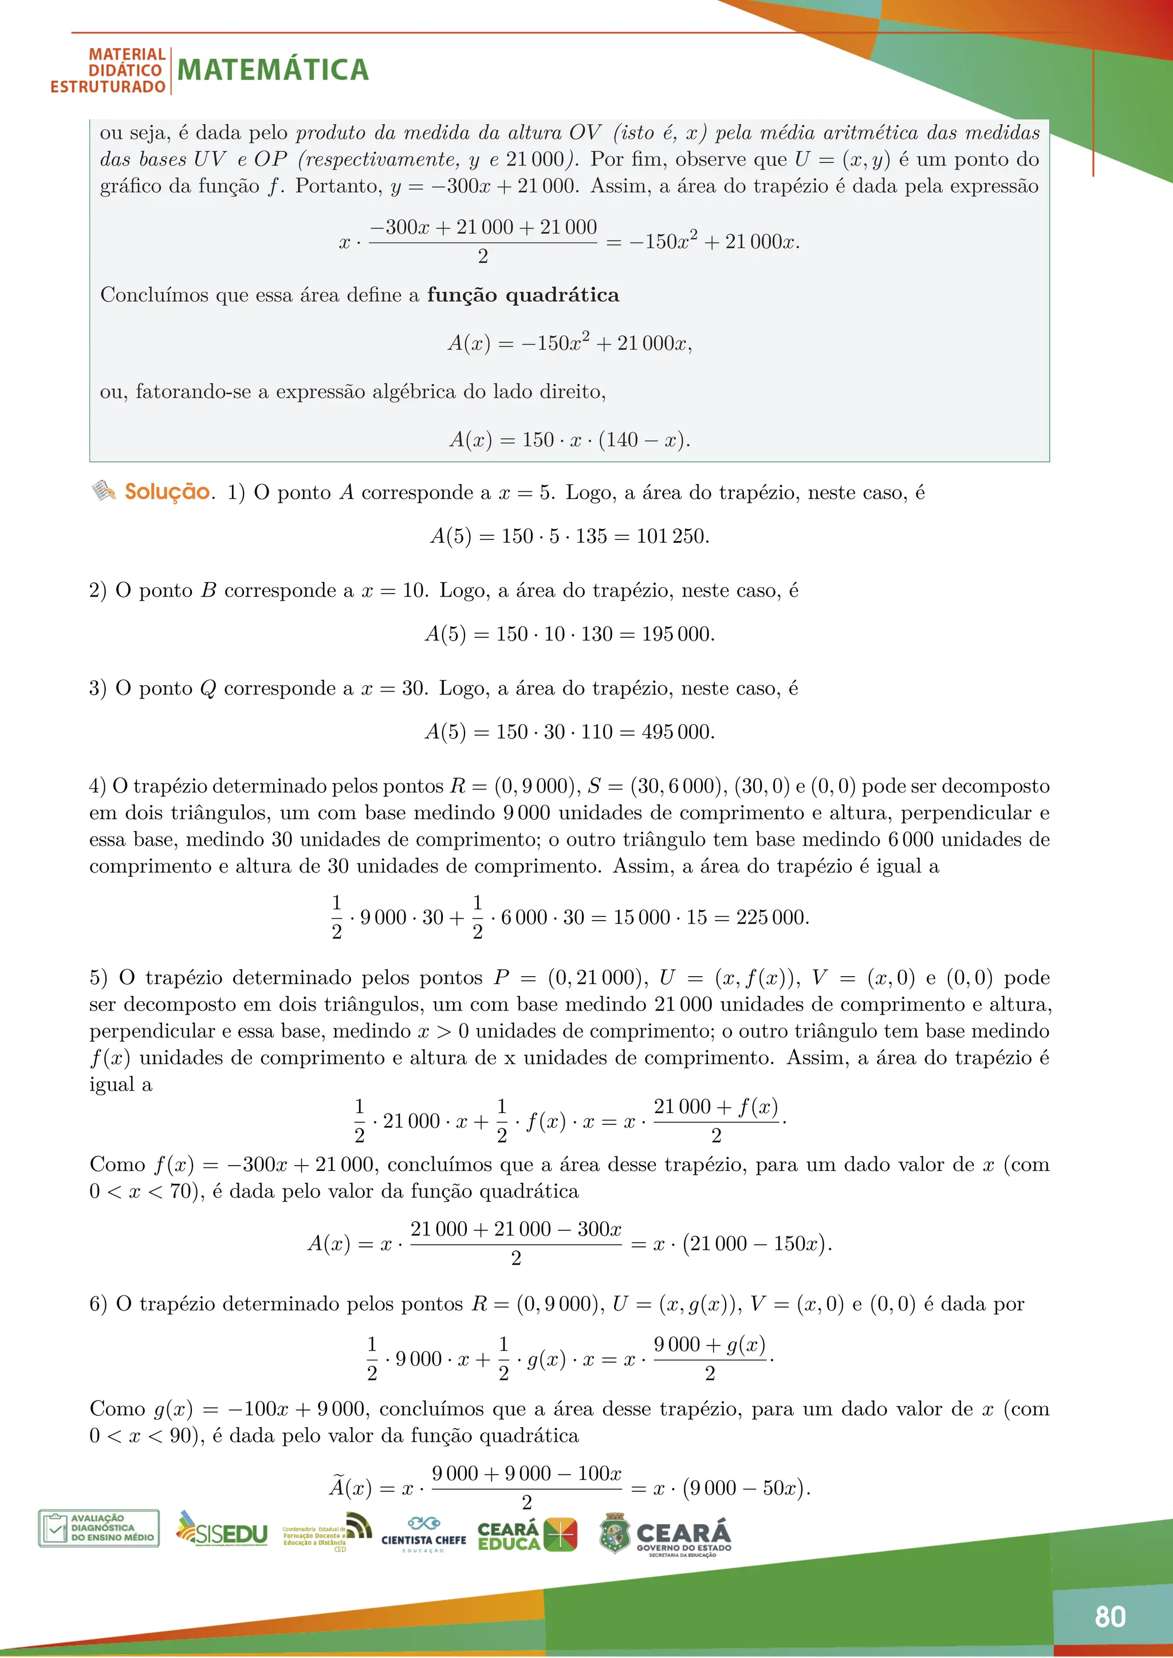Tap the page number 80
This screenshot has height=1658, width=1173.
point(1110,1616)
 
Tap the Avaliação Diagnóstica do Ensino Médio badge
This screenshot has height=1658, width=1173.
point(99,1528)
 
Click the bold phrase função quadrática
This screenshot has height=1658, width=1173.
point(523,295)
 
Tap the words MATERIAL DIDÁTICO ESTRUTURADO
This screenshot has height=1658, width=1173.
point(108,71)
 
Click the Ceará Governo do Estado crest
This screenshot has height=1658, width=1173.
point(615,1533)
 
